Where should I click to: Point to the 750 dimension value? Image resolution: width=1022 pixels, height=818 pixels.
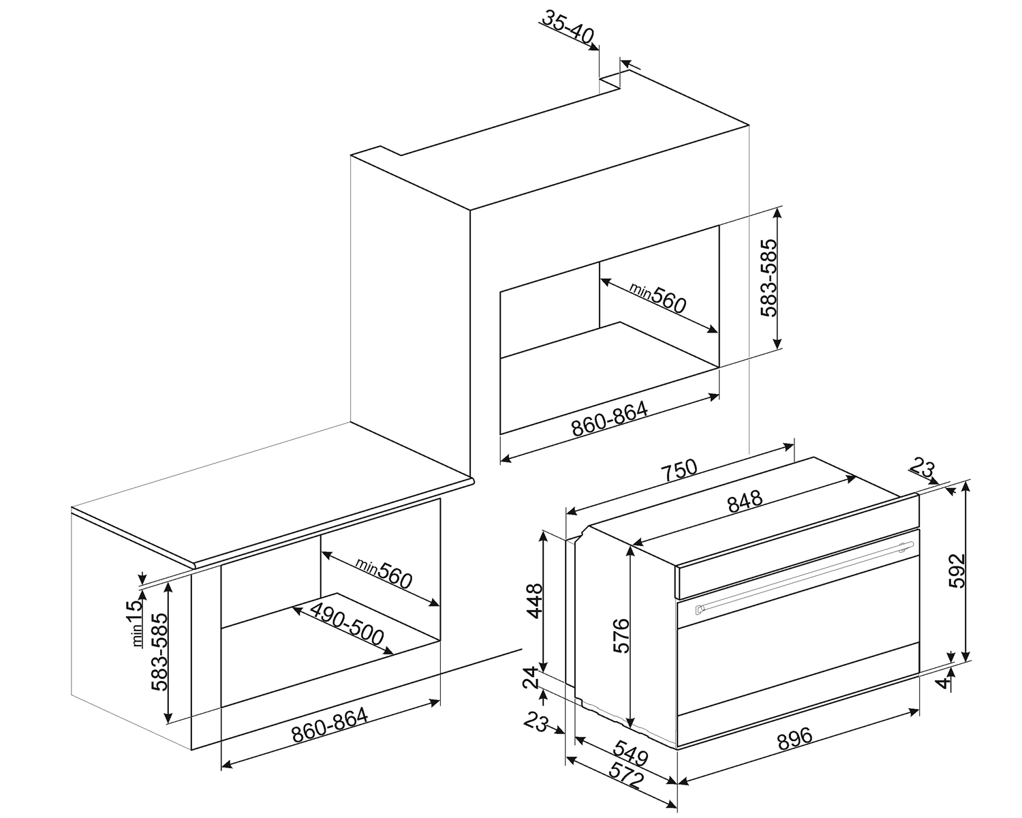pos(680,470)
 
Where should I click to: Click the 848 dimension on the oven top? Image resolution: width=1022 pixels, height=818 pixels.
pos(745,500)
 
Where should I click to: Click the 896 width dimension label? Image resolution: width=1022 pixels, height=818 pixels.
pos(795,738)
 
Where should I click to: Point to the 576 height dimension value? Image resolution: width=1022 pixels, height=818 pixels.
pos(621,636)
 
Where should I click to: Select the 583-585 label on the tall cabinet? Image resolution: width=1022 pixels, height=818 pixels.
pos(768,277)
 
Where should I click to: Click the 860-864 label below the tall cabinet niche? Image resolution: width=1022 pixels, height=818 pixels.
pos(610,419)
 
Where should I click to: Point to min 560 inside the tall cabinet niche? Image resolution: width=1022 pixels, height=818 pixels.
pos(658,299)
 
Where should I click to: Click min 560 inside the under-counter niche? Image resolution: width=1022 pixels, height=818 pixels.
pos(384,573)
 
